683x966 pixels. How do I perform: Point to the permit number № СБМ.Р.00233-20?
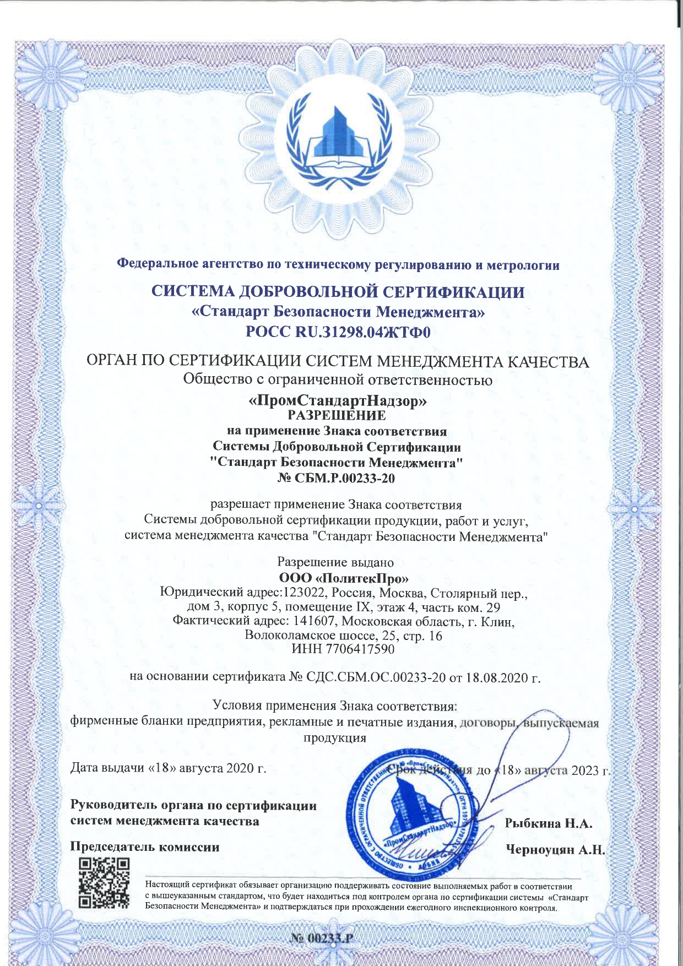(337, 478)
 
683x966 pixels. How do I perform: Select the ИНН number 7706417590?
(359, 649)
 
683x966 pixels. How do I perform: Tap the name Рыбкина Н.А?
(548, 824)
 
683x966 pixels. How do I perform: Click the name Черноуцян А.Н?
(555, 850)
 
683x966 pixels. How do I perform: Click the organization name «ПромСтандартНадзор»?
(338, 401)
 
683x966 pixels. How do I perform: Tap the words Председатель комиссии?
(145, 847)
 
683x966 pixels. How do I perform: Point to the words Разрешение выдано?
(335, 563)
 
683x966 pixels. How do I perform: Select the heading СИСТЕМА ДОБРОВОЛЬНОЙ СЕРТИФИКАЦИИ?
(338, 292)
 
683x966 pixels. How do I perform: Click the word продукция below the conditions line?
(335, 737)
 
